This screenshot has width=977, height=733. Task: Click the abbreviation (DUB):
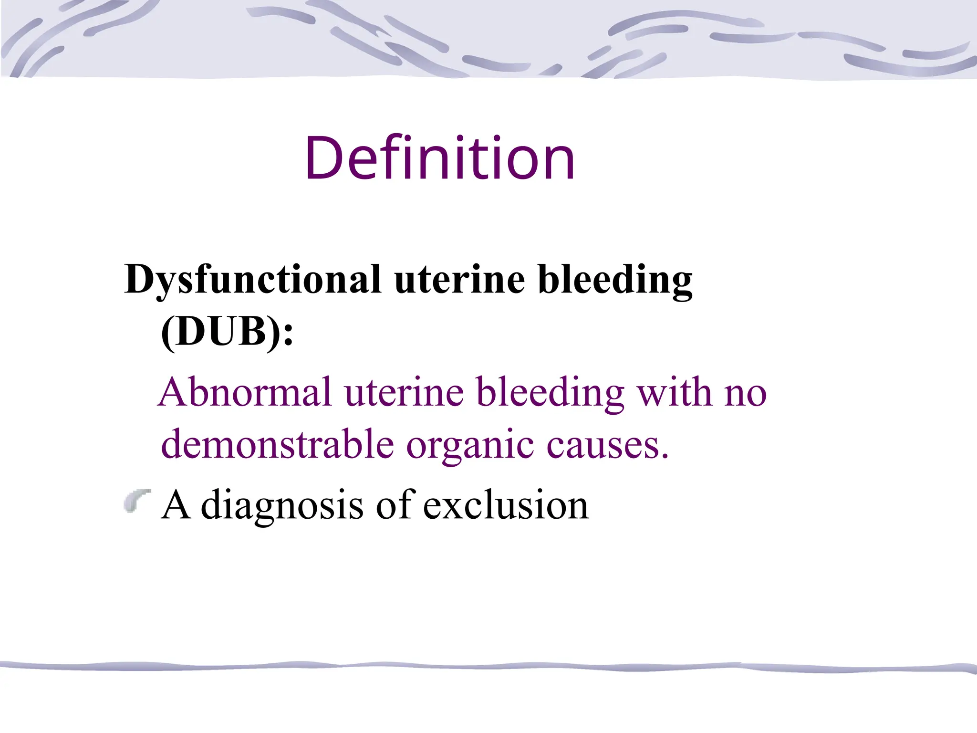coord(227,332)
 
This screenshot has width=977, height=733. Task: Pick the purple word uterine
coord(404,392)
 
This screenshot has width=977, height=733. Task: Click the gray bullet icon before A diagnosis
coord(137,501)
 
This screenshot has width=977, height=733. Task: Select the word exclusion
coord(506,505)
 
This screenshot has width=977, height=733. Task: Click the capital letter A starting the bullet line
coord(176,504)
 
